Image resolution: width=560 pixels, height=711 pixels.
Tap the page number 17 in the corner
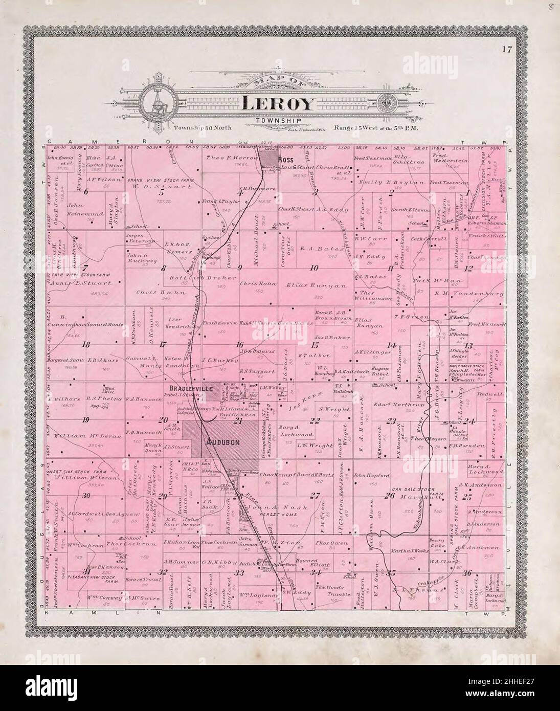(506, 50)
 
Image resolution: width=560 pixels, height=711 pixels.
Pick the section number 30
(86, 495)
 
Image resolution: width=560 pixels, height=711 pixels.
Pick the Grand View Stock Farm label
(152, 180)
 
